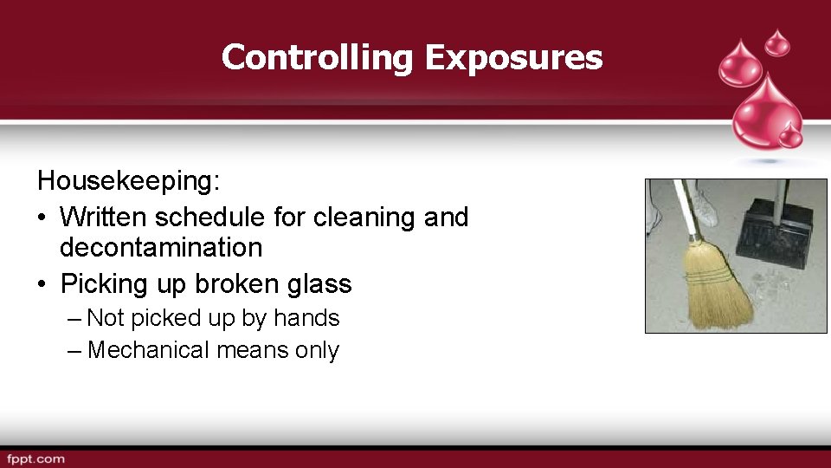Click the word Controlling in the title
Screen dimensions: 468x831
[x=318, y=58]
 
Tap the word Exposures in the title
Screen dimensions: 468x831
[x=513, y=58]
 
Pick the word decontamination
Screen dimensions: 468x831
[x=160, y=247]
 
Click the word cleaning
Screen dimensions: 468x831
[x=366, y=217]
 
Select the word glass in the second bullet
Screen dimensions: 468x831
[x=320, y=284]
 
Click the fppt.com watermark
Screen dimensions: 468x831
[x=35, y=458]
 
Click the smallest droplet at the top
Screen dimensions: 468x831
[x=778, y=41]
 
